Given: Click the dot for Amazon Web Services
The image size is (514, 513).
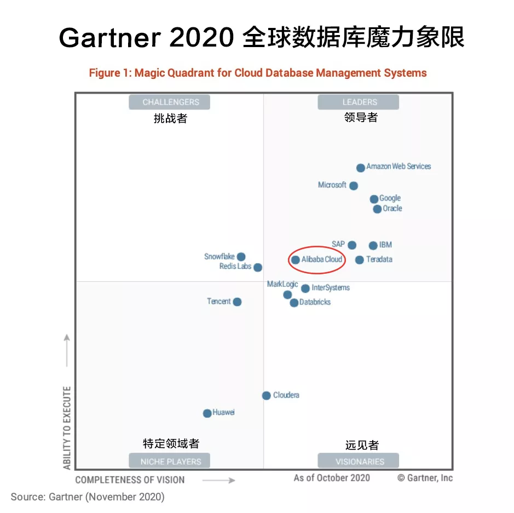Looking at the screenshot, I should [x=361, y=168].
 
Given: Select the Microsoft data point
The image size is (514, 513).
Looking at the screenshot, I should [x=354, y=186].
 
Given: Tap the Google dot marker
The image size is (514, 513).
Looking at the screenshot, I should [x=374, y=199].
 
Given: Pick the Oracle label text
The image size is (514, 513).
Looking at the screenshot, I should [x=392, y=209].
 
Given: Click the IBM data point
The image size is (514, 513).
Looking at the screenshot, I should [x=373, y=246].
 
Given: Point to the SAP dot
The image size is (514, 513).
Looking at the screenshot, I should [x=352, y=245].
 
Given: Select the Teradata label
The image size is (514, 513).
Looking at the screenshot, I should [x=379, y=260].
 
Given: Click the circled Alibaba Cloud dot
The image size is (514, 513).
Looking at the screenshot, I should [x=296, y=260].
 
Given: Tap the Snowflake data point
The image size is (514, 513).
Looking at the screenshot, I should [x=241, y=257].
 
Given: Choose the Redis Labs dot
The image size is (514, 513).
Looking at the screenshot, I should [x=258, y=268].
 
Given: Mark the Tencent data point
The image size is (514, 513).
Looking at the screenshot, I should [x=237, y=302].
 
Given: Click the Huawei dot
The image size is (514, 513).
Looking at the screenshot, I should [x=207, y=413].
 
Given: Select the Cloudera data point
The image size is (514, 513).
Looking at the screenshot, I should [x=266, y=395].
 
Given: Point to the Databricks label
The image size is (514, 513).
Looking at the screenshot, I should [x=315, y=302].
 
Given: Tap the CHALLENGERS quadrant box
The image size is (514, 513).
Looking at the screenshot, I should [x=170, y=102].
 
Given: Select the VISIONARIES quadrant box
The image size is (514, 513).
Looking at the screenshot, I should [x=360, y=461].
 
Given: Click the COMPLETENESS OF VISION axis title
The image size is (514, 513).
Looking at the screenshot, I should [x=130, y=480].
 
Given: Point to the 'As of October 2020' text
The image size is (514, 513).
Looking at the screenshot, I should [x=332, y=478].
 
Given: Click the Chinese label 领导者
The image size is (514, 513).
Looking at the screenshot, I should [x=361, y=117].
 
